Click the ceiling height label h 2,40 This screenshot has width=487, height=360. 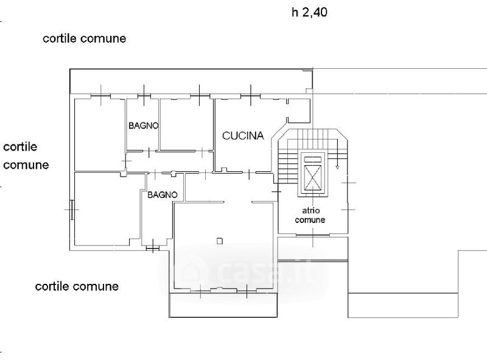[310, 12]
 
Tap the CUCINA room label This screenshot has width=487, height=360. [242, 136]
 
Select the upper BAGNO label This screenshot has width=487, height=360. [144, 126]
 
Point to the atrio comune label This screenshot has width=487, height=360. [310, 215]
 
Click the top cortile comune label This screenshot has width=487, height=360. [84, 38]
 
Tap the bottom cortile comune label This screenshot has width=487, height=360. [77, 286]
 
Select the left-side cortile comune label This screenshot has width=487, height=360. [26, 156]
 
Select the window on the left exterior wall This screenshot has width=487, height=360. [72, 210]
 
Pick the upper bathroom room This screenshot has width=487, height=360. [142, 137]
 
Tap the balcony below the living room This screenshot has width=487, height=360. [223, 305]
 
